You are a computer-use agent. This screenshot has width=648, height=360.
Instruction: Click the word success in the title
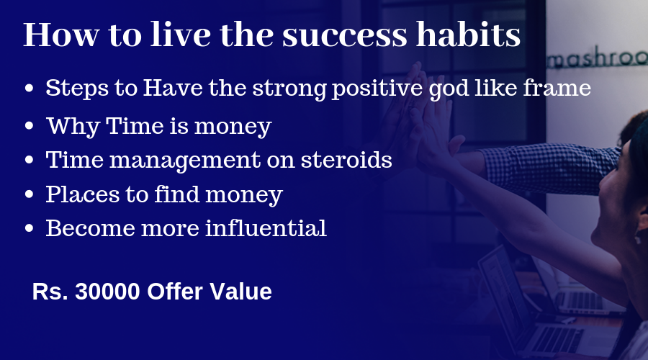point(345,35)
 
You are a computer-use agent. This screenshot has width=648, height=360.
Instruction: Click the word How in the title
point(61,35)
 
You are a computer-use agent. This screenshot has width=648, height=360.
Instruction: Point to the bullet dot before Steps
point(29,88)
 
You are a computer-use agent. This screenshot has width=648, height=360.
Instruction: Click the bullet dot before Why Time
point(29,126)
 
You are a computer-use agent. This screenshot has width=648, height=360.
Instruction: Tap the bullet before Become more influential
point(29,228)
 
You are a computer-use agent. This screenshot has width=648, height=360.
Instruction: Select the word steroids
point(346,160)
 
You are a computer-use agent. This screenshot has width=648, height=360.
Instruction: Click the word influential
point(266,228)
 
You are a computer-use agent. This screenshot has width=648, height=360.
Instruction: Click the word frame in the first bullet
point(557,88)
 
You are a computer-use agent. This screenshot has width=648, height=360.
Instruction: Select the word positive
point(377,89)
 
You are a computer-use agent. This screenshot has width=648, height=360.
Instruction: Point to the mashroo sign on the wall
point(597,59)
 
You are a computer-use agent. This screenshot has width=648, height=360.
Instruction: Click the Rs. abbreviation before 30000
point(50,291)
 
